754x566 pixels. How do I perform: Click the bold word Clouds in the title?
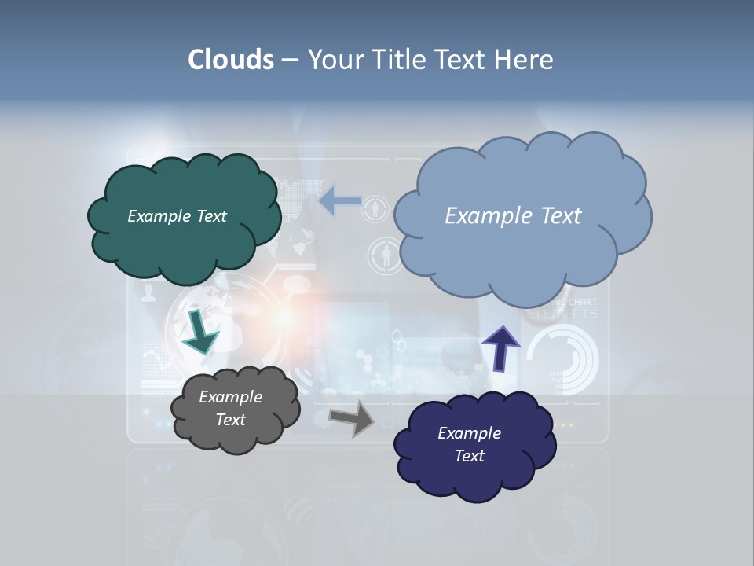pos(231,60)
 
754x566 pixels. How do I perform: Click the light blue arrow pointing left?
pos(339,200)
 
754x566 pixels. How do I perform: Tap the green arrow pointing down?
pos(199,332)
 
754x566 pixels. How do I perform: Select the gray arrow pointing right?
pos(351,417)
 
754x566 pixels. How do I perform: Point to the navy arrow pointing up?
pos(500,348)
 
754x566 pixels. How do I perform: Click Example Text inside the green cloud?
pos(177,216)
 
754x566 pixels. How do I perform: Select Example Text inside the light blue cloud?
pos(513,216)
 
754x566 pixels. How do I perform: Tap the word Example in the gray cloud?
pos(230,397)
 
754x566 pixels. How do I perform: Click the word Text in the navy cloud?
pos(470,456)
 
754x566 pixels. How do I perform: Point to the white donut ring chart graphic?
pos(562,359)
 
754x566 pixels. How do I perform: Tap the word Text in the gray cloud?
pos(230,420)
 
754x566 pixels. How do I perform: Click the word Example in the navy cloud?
pos(469,433)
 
